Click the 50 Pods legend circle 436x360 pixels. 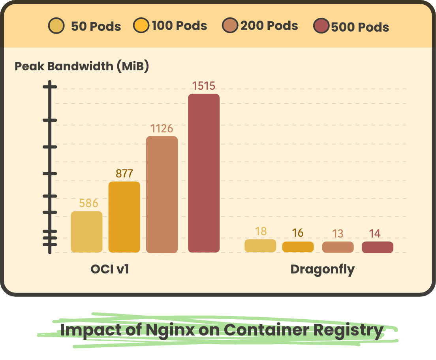coord(56,26)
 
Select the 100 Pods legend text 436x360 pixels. coord(179,26)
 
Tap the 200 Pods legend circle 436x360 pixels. coord(230,26)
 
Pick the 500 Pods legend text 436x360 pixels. coord(360,27)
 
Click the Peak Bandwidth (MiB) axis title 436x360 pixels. coord(81,66)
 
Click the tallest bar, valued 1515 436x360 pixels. coord(203,173)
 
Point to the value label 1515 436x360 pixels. coord(203,86)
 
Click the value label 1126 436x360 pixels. coord(162,128)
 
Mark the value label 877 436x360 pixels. coord(124,174)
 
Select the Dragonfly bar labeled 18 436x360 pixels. coord(260,245)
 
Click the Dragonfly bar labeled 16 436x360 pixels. coord(298,247)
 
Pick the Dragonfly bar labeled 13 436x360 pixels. coord(338,247)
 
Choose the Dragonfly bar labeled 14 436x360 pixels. coord(377,247)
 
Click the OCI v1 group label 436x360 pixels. coord(110,269)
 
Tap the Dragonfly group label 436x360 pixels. coord(322,269)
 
